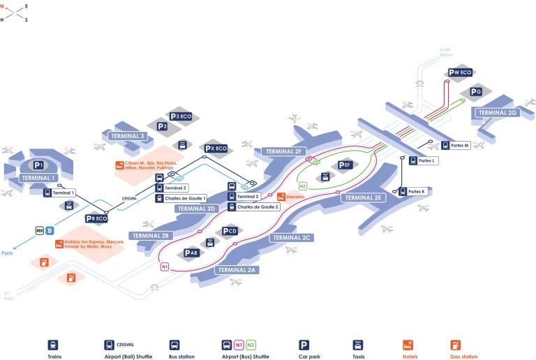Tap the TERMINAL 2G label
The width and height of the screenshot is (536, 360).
point(498,112)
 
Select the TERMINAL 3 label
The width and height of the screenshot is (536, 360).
point(128,136)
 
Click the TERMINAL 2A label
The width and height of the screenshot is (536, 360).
point(238,269)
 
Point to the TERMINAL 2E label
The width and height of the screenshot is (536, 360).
point(363,197)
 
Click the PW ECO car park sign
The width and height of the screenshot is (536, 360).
point(461,72)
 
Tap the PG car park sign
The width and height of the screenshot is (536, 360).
point(476,91)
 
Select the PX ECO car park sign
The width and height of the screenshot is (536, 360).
point(216,149)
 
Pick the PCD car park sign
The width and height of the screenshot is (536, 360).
point(231,231)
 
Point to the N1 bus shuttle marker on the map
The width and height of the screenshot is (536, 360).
point(165,267)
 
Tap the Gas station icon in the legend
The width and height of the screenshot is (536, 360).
point(455,345)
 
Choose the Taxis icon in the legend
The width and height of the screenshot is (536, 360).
point(357,345)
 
